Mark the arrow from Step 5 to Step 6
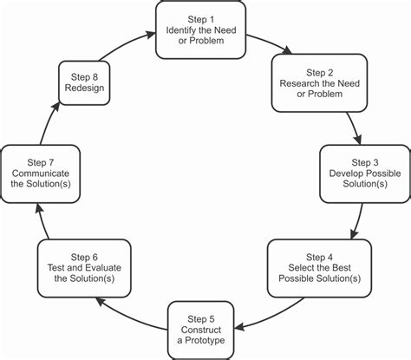point(126,313)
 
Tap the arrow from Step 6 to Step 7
point(41,222)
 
